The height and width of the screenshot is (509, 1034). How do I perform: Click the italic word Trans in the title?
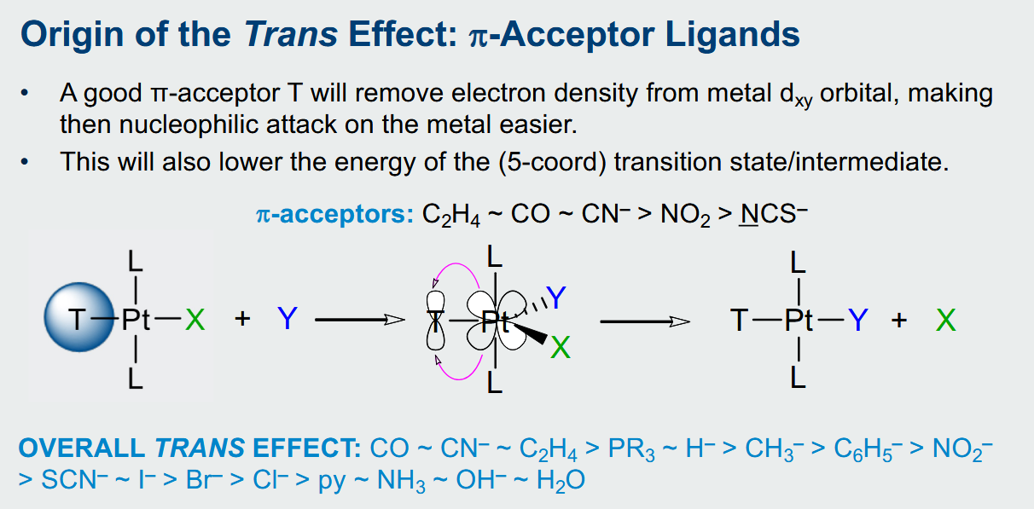[291, 34]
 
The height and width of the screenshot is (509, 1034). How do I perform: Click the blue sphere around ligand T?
[79, 317]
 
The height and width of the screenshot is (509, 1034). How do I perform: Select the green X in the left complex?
[195, 320]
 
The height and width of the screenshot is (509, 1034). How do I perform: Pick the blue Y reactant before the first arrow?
[288, 318]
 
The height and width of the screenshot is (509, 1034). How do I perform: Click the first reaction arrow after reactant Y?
[360, 320]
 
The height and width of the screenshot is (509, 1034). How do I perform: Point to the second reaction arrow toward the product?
[645, 321]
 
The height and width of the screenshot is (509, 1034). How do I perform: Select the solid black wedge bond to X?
[530, 333]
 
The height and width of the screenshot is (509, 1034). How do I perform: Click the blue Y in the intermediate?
[555, 298]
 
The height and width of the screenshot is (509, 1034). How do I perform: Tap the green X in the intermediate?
[561, 347]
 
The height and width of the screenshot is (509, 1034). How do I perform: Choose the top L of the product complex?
[799, 263]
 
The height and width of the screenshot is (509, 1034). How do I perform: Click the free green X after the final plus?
[946, 321]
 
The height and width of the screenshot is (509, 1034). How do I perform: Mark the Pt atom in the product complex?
[799, 321]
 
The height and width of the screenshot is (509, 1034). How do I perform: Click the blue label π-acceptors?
[335, 214]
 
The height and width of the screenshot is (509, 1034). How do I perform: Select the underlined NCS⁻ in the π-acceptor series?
[773, 214]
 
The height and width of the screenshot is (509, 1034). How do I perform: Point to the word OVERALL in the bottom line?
[82, 448]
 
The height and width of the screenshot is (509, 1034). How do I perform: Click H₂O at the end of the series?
[561, 481]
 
